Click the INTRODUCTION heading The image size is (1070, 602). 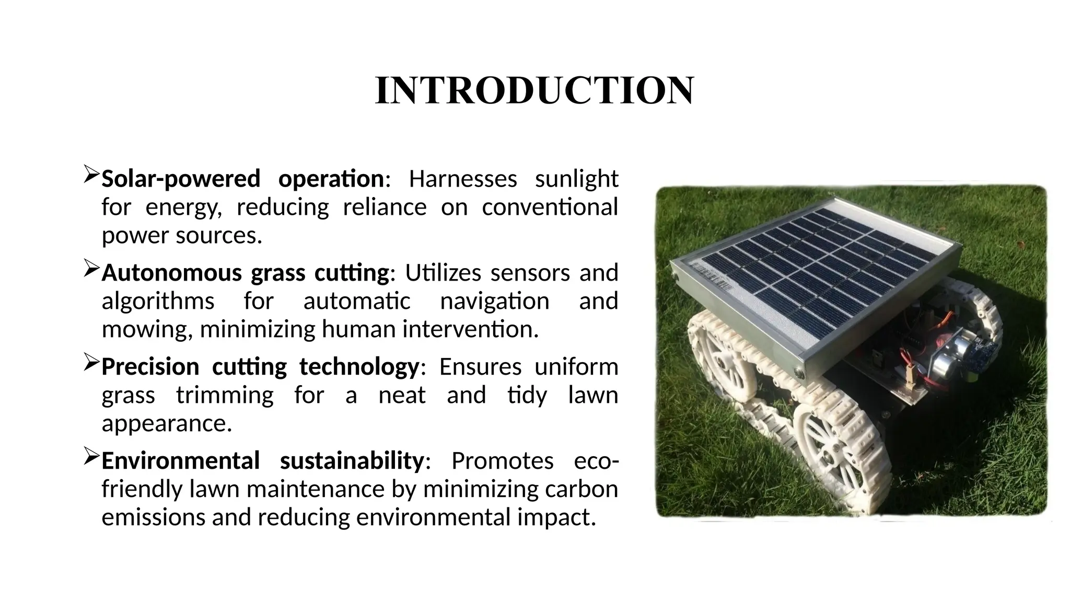(x=534, y=90)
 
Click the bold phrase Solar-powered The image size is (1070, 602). (x=180, y=179)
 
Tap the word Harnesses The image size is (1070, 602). (x=462, y=179)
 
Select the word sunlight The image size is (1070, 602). (x=576, y=179)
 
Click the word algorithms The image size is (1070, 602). (x=158, y=301)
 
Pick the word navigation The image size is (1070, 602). (x=494, y=301)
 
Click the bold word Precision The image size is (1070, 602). (x=150, y=367)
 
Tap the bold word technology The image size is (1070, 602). (x=359, y=367)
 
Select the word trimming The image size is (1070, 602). (x=225, y=395)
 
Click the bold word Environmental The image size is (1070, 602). (x=180, y=461)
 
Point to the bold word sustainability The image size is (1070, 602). (x=352, y=461)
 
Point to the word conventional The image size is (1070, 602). (x=550, y=207)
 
